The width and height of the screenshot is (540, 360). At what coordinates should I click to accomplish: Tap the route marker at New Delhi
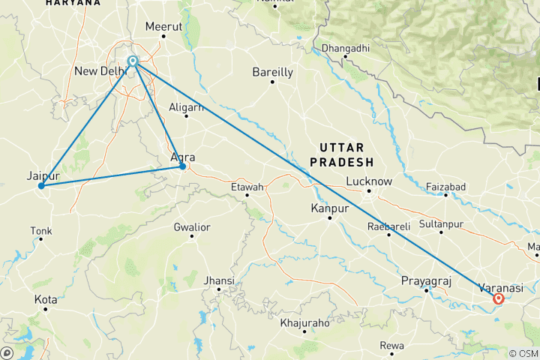[x=133, y=61]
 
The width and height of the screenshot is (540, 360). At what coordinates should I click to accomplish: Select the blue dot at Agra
[x=182, y=166]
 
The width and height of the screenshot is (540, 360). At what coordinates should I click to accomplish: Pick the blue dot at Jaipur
[x=42, y=185]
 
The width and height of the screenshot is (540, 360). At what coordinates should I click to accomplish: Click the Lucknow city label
[x=369, y=181]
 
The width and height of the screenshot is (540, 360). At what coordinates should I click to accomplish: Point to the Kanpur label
[x=330, y=208]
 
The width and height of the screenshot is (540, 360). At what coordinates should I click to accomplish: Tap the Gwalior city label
[x=191, y=226]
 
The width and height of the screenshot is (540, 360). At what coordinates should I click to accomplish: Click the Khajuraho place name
[x=304, y=323]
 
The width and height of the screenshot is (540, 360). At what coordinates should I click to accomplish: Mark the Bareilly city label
[x=272, y=73]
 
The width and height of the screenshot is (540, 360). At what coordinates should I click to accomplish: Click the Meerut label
[x=164, y=26]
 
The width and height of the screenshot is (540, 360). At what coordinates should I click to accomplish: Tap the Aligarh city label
[x=187, y=107]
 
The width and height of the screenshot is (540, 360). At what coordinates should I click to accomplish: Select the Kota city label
[x=45, y=299]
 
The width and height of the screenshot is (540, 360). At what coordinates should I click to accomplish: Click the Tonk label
[x=40, y=230]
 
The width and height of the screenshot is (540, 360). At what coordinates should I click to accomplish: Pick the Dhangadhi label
[x=344, y=49]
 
